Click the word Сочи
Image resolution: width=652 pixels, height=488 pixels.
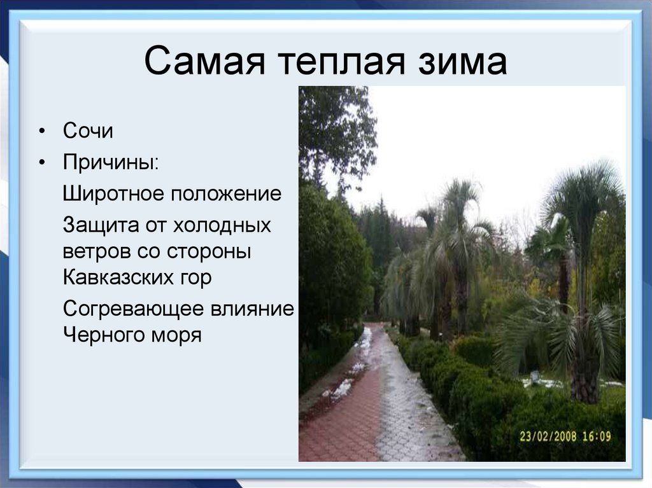click(x=88, y=132)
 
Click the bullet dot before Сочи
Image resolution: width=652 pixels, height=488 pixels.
click(x=42, y=132)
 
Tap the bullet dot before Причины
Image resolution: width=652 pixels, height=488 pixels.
click(x=42, y=162)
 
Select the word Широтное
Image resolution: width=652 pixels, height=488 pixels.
click(x=113, y=194)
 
